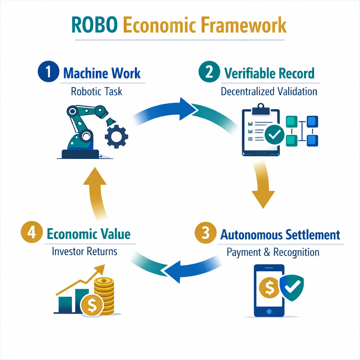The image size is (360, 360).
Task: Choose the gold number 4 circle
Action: tap(31, 234)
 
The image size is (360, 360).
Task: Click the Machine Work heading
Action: tap(102, 73)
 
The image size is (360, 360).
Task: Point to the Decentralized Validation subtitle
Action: tap(269, 91)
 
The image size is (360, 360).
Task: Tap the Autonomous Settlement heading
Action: tap(280, 234)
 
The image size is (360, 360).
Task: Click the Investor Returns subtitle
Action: tap(85, 252)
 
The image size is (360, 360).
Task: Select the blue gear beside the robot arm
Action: tap(117, 137)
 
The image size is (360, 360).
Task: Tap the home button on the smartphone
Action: tap(269, 311)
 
